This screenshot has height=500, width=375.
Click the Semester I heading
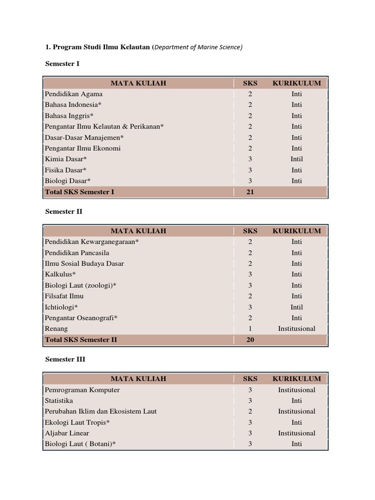tap(62, 63)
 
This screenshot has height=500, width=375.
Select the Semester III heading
tap(65, 359)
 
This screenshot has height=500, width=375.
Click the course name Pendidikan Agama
tap(74, 94)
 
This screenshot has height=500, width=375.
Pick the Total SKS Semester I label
tap(80, 192)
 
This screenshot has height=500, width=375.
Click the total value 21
tap(250, 192)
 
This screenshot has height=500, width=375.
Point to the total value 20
tap(250, 340)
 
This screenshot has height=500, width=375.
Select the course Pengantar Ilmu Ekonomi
tap(83, 148)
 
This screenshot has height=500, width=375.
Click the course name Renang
tap(56, 329)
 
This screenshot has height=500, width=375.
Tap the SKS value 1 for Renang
tap(250, 329)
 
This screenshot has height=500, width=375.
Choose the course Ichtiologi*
tap(62, 307)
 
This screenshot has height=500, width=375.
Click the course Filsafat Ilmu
tap(64, 296)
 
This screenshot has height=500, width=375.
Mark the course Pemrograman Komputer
tap(82, 390)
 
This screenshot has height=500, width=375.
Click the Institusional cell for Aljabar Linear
tap(296, 433)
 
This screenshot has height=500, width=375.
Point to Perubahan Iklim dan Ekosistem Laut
tap(101, 412)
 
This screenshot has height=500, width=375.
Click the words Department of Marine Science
tap(198, 47)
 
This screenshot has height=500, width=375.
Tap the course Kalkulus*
tap(60, 274)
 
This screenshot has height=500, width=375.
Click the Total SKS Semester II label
tap(81, 340)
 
